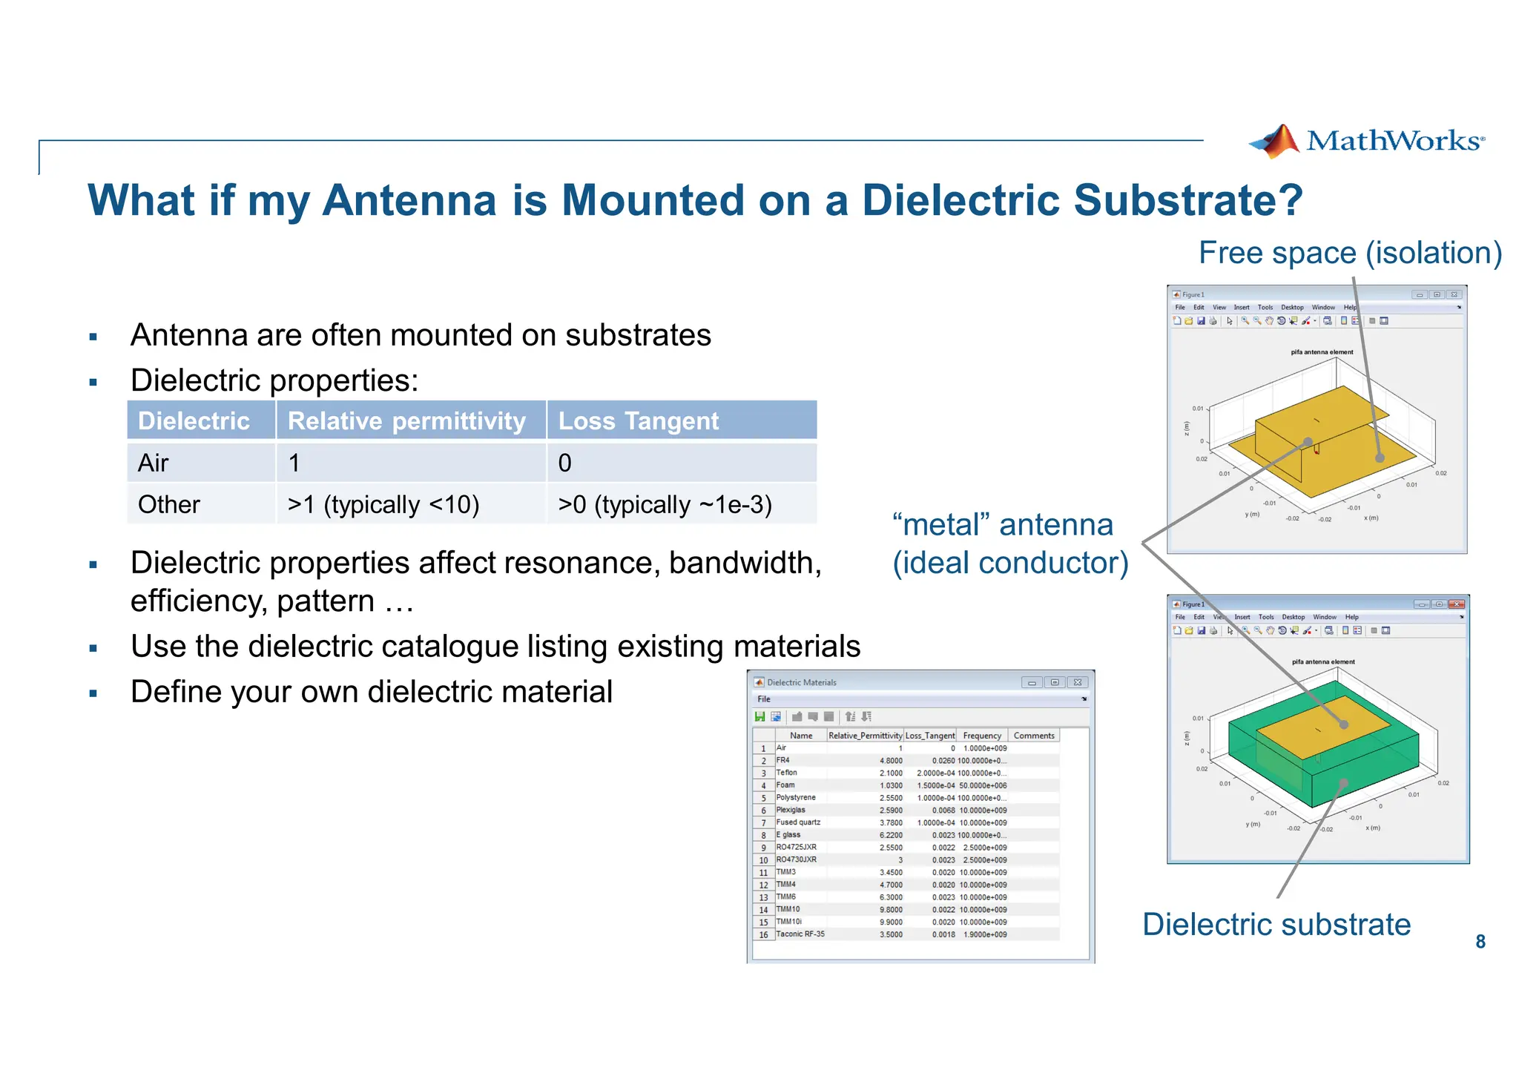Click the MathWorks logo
[1367, 141]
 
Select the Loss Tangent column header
[638, 420]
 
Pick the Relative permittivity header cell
[406, 420]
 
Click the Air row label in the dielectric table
[154, 463]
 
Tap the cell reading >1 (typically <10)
[383, 504]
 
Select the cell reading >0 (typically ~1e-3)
[665, 504]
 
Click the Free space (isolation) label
[1350, 253]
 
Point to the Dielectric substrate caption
[1276, 924]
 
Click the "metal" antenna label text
[1003, 525]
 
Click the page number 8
[1480, 942]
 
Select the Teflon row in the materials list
[787, 773]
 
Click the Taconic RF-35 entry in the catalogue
[800, 934]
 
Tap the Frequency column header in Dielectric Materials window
[982, 736]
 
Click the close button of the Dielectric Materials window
[1078, 682]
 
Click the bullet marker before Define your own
[93, 694]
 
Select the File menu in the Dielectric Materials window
[764, 699]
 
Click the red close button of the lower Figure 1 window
[1457, 604]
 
